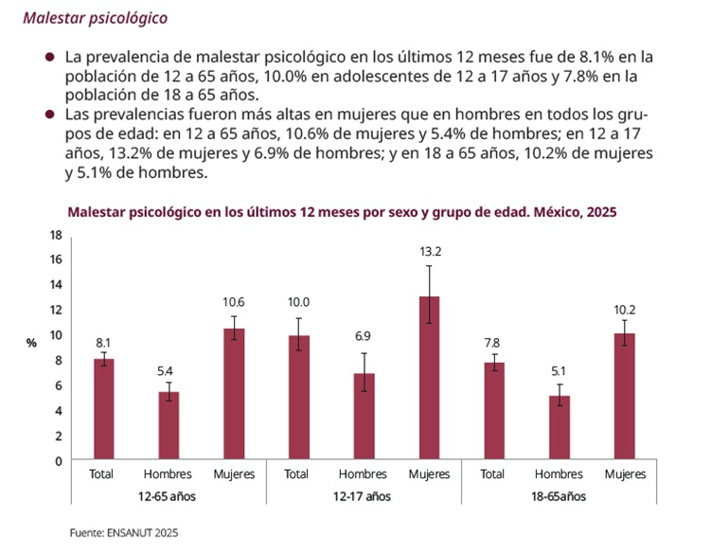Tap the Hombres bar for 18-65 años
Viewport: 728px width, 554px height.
pyautogui.click(x=558, y=428)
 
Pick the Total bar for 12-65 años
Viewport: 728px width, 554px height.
pyautogui.click(x=103, y=409)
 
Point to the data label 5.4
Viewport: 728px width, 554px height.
pyautogui.click(x=169, y=370)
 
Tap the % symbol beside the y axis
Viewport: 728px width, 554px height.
pyautogui.click(x=31, y=343)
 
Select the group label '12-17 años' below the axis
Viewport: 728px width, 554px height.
pyautogui.click(x=362, y=496)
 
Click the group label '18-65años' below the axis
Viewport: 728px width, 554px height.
pyautogui.click(x=559, y=496)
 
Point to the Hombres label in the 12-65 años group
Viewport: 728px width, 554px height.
pyautogui.click(x=169, y=474)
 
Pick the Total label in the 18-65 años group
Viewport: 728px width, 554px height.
pyautogui.click(x=492, y=474)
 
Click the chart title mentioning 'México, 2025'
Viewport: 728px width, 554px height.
pyautogui.click(x=341, y=212)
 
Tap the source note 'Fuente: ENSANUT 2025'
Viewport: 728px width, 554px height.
pyautogui.click(x=123, y=533)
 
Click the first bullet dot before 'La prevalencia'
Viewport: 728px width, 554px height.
pyautogui.click(x=49, y=57)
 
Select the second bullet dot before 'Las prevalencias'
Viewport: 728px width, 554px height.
pyautogui.click(x=49, y=115)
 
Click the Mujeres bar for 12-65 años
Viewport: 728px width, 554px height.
pyautogui.click(x=233, y=394)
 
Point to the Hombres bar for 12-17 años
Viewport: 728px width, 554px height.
pyautogui.click(x=363, y=417)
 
